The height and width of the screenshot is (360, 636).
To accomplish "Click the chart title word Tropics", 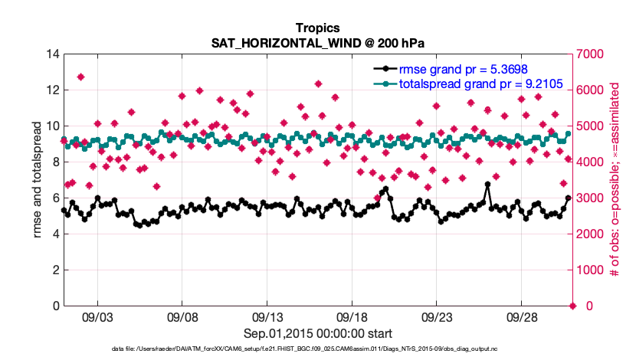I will tap(317, 28).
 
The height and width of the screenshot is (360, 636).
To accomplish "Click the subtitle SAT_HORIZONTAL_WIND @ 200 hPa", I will tap(317, 42).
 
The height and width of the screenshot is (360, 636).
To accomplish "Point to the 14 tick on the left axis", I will tap(52, 54).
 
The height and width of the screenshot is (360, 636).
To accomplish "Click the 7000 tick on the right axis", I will tap(591, 54).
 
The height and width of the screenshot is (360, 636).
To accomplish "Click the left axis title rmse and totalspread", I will tap(38, 180).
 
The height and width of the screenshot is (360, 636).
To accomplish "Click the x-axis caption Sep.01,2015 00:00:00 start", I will tap(318, 333).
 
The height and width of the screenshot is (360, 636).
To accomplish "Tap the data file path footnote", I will tap(317, 349).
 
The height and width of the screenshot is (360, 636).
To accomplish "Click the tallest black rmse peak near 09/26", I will tap(487, 185).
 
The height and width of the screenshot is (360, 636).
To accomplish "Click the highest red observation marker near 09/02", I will tap(80, 77).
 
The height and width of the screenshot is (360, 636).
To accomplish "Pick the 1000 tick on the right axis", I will tap(591, 270).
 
